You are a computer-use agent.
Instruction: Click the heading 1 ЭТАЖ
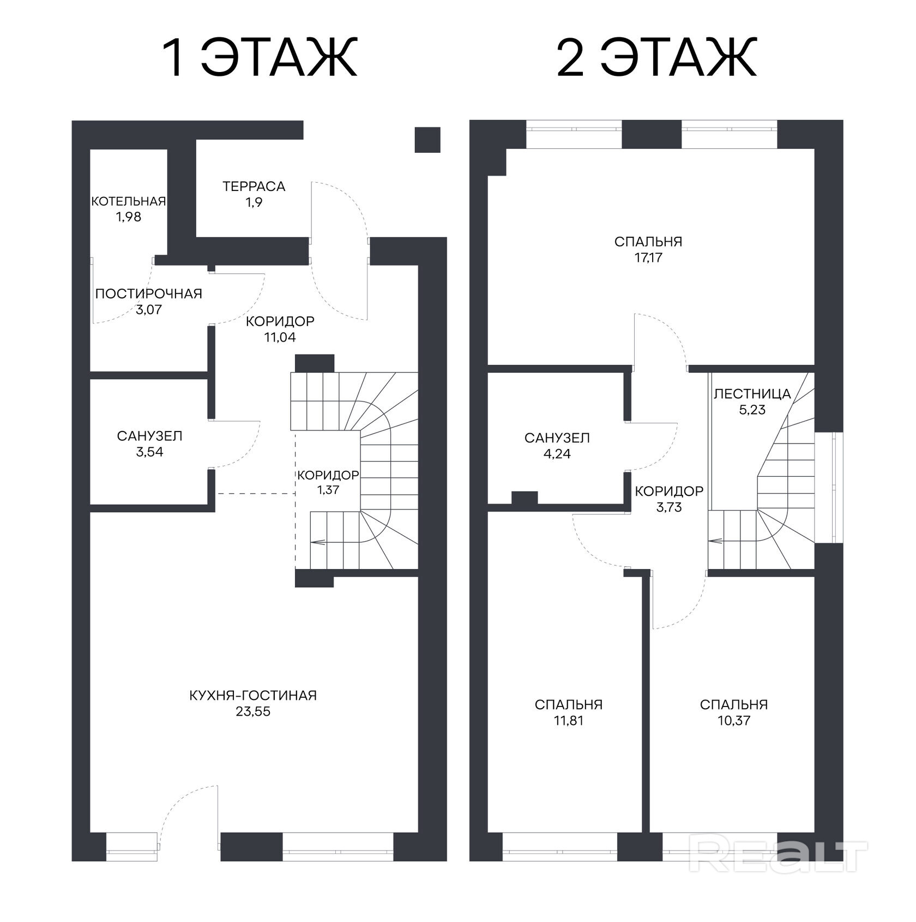click(260, 57)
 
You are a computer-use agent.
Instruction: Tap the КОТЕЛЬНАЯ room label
click(129, 201)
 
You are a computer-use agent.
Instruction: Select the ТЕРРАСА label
click(254, 187)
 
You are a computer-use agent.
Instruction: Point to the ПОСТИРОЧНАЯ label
click(149, 294)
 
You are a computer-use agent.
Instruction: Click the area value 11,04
click(280, 337)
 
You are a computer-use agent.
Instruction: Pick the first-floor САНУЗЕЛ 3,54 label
click(149, 444)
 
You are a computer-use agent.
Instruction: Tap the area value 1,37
click(328, 490)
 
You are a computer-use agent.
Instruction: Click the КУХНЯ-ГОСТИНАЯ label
click(253, 696)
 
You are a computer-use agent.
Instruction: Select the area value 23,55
click(253, 711)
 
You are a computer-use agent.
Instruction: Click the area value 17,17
click(648, 258)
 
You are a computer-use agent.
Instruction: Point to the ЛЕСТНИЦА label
click(752, 394)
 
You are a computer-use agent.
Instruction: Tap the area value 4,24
click(557, 454)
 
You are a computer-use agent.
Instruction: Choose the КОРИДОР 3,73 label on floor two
click(669, 499)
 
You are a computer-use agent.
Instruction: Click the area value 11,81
click(569, 721)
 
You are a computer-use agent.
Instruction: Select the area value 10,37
click(734, 721)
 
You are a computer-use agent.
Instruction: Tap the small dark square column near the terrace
click(427, 140)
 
